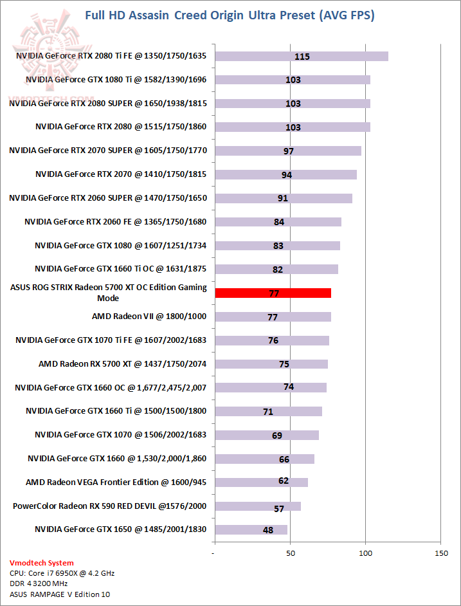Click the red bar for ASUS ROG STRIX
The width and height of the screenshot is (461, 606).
point(273,293)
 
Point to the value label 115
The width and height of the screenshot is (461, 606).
point(302,57)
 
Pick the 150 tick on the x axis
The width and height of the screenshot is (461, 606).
point(440,553)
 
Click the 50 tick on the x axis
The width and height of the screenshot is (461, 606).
point(290,553)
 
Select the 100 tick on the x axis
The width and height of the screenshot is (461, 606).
point(365,553)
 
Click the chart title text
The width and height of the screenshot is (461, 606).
point(230,15)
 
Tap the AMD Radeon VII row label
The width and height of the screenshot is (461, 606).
point(149,317)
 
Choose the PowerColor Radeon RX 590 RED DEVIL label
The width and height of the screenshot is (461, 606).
point(110,506)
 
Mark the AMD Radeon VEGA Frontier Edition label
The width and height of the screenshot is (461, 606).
point(116,482)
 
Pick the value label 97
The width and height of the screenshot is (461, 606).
point(288,151)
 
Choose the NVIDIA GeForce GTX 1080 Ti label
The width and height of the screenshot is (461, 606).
point(116,80)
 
